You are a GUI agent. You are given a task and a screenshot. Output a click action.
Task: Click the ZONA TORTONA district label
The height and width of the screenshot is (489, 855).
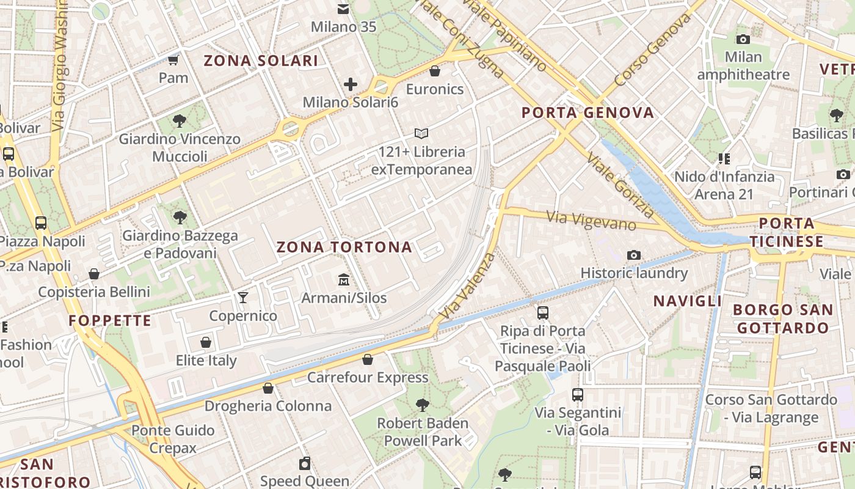coord(344,248)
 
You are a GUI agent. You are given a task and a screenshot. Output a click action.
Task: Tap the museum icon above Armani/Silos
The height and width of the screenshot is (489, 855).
coord(344,280)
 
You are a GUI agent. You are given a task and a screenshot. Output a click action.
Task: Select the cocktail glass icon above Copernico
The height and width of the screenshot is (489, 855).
coord(243,298)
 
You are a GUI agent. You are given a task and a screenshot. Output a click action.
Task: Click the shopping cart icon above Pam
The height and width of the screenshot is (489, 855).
coord(173,60)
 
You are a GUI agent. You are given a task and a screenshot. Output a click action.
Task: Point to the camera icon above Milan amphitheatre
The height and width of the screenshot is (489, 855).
coord(743,40)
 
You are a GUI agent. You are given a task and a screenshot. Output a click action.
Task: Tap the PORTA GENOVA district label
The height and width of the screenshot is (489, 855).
coord(588,112)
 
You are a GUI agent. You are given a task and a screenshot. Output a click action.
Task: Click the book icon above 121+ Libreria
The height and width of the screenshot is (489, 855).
coord(421,133)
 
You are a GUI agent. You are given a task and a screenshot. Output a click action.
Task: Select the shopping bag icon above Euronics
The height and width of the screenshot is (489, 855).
coord(435,72)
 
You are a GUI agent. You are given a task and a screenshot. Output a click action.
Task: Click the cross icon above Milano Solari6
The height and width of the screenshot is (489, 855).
coord(350,84)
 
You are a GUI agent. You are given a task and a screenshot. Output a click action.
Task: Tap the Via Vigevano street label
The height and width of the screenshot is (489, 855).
coord(591,221)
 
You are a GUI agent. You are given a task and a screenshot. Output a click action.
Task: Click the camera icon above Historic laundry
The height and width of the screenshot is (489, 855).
coord(634,255)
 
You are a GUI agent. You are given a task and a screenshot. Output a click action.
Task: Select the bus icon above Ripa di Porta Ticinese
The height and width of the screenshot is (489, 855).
coord(543,313)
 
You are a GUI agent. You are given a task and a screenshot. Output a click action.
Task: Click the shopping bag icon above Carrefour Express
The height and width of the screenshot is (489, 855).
coord(368,359)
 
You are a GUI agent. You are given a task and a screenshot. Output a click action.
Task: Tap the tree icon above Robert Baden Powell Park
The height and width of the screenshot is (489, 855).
coord(422,405)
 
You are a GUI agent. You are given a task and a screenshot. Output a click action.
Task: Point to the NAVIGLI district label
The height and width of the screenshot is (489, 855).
coord(688,301)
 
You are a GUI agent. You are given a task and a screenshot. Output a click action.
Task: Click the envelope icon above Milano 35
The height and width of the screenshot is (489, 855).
coord(343,9)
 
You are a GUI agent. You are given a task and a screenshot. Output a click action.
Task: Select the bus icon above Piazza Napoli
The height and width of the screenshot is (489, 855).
coord(41,223)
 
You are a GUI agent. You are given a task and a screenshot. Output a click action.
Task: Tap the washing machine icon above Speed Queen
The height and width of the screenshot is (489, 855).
coord(305,463)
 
